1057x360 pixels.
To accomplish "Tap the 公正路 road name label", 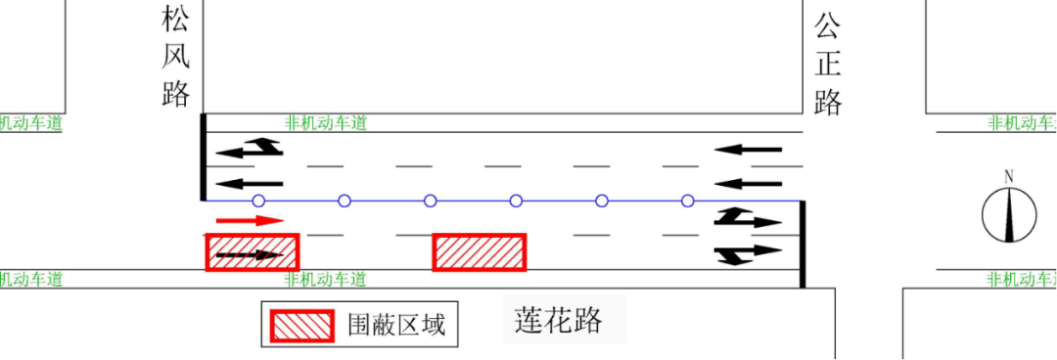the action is point(828,65).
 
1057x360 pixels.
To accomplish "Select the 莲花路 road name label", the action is point(558,320).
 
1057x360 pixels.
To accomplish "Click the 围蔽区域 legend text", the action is point(396,325).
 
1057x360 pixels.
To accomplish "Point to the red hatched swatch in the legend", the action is point(302,326).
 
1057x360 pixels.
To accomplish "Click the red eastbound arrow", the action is point(250,220).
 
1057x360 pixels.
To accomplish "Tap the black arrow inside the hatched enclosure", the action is point(250,254).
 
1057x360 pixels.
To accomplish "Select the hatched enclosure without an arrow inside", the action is point(480,252).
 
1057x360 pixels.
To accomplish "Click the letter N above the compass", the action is point(1009,177).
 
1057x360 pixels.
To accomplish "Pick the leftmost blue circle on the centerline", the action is point(258,201).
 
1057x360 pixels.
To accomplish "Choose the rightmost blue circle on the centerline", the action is point(688,201).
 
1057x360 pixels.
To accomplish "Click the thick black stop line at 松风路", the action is point(203,157).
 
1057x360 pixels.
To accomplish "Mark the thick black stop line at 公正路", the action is point(803,244).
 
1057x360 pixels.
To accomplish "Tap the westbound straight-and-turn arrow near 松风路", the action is point(250,149).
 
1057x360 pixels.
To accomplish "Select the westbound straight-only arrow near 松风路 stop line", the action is point(250,183).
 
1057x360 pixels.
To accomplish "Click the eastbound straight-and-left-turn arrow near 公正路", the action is point(748,218).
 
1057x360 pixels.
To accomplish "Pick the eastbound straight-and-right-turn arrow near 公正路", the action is point(748,253).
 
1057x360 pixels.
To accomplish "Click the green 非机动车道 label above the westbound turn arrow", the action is point(326,123).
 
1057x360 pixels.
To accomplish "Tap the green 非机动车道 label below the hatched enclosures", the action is point(326,279).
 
